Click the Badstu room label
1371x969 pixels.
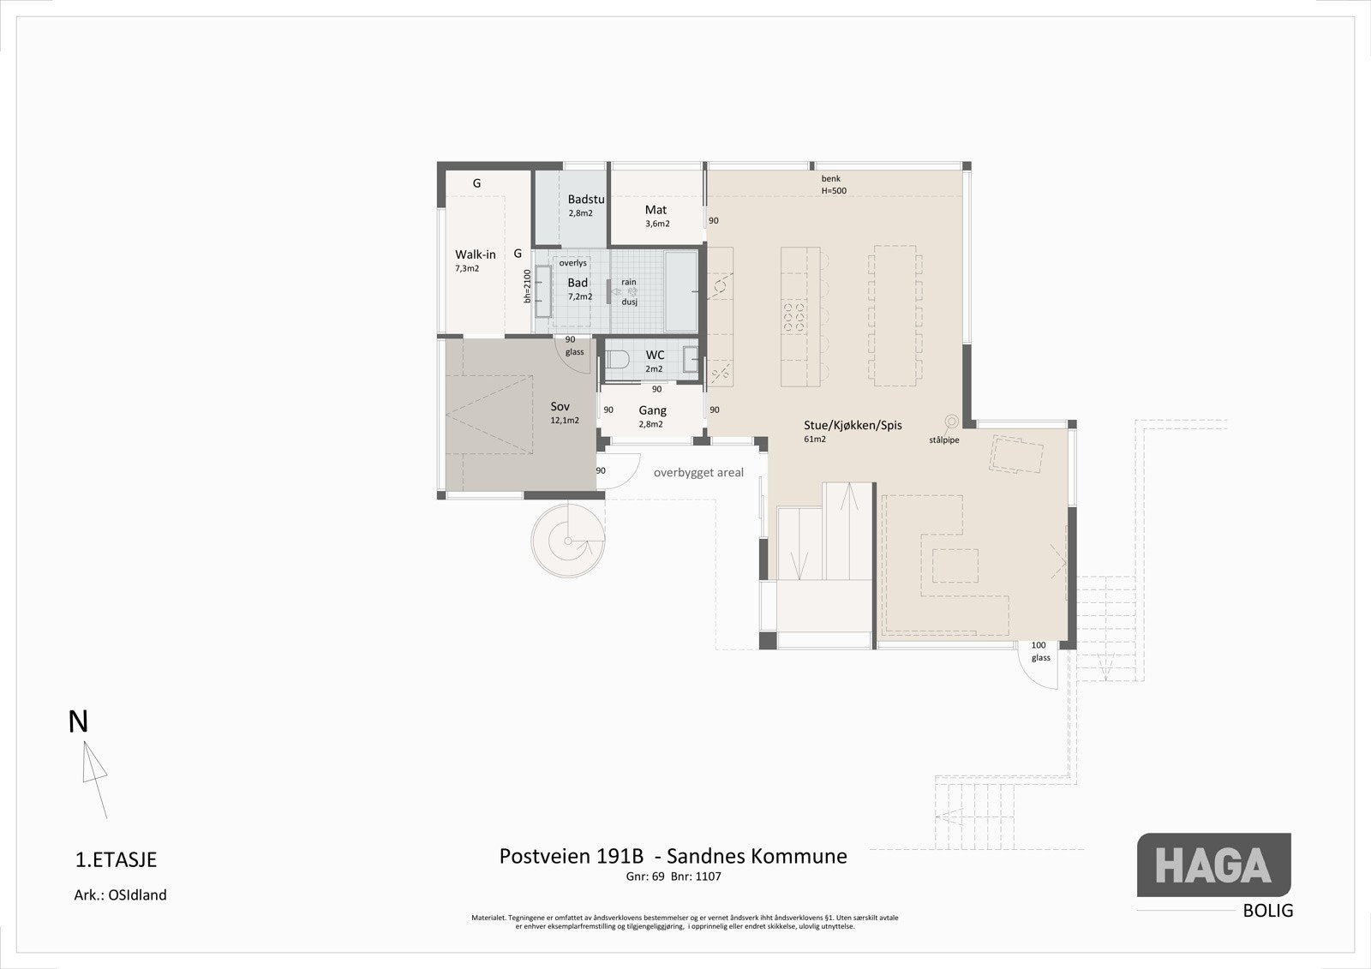pyautogui.click(x=585, y=200)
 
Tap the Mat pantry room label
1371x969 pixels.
pyautogui.click(x=656, y=210)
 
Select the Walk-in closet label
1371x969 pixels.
pyautogui.click(x=475, y=254)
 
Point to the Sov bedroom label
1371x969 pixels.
pyautogui.click(x=560, y=407)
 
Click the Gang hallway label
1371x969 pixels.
pyautogui.click(x=652, y=410)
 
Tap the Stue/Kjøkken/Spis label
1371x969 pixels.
pyautogui.click(x=852, y=425)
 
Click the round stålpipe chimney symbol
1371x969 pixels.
pyautogui.click(x=951, y=421)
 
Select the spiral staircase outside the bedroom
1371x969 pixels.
pyautogui.click(x=568, y=541)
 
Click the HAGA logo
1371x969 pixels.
pyautogui.click(x=1213, y=865)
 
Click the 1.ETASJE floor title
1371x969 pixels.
pyautogui.click(x=117, y=859)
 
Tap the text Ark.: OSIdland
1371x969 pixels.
pyautogui.click(x=120, y=895)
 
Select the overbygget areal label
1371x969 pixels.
pyautogui.click(x=698, y=472)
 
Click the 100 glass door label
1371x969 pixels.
pyautogui.click(x=1039, y=651)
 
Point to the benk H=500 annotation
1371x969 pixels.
pyautogui.click(x=833, y=184)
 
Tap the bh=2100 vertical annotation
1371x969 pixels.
pyautogui.click(x=528, y=286)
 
